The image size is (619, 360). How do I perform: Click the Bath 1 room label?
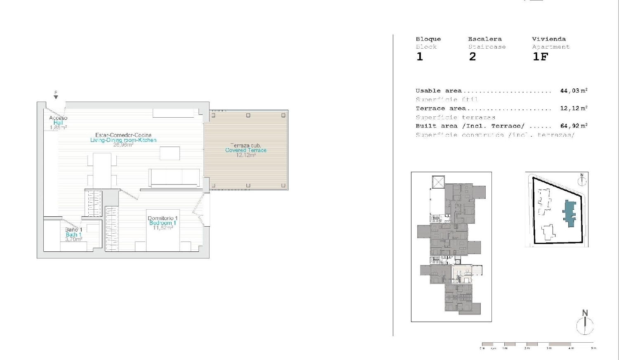pos(73,234)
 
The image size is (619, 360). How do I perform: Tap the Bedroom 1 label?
pos(163,223)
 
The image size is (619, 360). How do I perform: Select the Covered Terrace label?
pos(246,150)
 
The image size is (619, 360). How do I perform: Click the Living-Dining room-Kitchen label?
pos(123,140)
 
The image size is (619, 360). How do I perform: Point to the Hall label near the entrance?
pos(58,123)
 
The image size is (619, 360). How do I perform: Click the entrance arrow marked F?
pos(56,96)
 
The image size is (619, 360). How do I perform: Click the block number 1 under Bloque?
pos(420,57)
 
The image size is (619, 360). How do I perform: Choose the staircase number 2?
pos(473,57)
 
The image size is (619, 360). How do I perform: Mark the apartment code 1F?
pos(540,57)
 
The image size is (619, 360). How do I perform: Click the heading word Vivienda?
pos(548,39)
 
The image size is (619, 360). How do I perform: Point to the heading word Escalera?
pos(485,39)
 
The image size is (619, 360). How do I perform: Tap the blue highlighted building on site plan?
pos(570,212)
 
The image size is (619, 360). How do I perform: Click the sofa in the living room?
pos(175,178)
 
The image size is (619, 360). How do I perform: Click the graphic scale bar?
pos(537,344)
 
